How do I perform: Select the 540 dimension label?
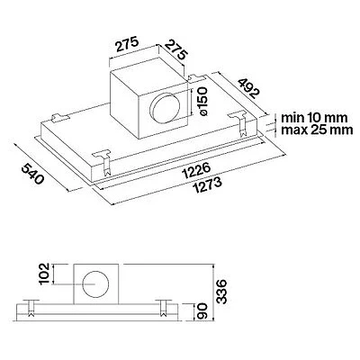[x=32, y=174]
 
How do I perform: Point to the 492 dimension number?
[x=247, y=88]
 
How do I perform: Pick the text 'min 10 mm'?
[x=314, y=118]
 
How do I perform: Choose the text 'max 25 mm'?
[x=317, y=130]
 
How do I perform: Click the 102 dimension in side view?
[x=45, y=274]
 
